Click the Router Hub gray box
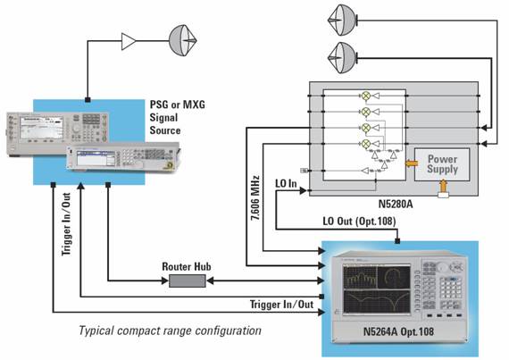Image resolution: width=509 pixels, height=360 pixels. coord(188,280)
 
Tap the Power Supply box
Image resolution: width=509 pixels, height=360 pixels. coord(442,164)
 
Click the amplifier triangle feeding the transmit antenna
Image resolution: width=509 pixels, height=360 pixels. coord(129,41)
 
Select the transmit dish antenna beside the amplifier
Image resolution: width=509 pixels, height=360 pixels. coord(183,40)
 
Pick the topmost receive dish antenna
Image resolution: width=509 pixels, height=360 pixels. coord(343,21)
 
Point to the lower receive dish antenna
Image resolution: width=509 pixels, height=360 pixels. coord(343,58)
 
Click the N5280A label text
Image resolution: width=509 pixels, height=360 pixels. coord(396,205)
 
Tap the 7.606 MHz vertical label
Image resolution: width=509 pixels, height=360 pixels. coord(255,198)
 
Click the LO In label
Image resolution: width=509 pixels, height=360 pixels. coord(286,184)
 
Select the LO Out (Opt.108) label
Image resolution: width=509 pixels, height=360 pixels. coord(359,222)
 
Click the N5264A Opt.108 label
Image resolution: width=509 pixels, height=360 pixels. coord(398,331)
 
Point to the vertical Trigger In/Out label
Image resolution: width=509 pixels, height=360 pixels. coord(66,224)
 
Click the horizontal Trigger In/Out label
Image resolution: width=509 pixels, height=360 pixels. coord(282,305)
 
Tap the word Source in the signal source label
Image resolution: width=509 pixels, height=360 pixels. coord(165,130)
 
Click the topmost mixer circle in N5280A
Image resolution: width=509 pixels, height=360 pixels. coord(366,96)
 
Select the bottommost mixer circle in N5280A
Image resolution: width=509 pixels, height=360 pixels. coord(366,143)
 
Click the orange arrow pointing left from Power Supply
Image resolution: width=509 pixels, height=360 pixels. coord(412,163)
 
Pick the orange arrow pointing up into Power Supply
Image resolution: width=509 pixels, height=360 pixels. coord(443,188)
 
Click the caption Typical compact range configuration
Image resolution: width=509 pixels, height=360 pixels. coord(170,331)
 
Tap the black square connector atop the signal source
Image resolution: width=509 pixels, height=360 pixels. coord(88,100)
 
